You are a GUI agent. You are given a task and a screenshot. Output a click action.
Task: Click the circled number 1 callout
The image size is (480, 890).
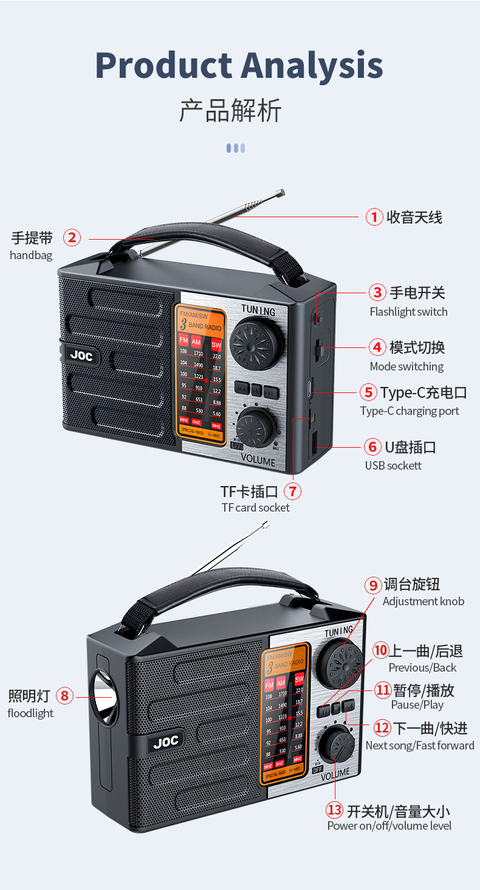pyautogui.click(x=374, y=217)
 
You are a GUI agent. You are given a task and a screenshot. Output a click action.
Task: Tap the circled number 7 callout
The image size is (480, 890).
pyautogui.click(x=292, y=491)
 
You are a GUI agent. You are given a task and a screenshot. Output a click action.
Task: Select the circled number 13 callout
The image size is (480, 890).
pyautogui.click(x=335, y=810)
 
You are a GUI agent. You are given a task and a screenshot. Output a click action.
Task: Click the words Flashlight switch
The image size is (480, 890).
pyautogui.click(x=408, y=311)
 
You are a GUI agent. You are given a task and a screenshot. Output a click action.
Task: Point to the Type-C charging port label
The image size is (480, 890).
pyautogui.click(x=409, y=411)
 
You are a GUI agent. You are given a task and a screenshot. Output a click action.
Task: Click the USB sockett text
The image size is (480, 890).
pyautogui.click(x=393, y=465)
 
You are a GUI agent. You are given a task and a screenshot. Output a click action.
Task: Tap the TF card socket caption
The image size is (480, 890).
pyautogui.click(x=255, y=507)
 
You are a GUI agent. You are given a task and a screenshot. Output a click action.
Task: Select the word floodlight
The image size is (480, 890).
pyautogui.click(x=30, y=713)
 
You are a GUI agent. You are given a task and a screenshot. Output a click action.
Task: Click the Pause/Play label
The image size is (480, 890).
pyautogui.click(x=417, y=704)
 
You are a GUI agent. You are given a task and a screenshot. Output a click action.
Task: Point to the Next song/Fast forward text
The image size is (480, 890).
pyautogui.click(x=420, y=745)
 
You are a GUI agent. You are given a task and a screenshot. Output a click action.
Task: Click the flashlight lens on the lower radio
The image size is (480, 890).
pyautogui.click(x=103, y=697)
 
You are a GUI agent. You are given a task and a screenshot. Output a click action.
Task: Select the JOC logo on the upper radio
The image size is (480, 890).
pyautogui.click(x=81, y=356)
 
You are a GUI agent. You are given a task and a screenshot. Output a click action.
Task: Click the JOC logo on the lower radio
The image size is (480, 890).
pyautogui.click(x=165, y=742)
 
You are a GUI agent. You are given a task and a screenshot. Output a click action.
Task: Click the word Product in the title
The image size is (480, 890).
pyautogui.click(x=162, y=65)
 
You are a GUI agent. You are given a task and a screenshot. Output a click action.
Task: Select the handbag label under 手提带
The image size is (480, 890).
pyautogui.click(x=31, y=255)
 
